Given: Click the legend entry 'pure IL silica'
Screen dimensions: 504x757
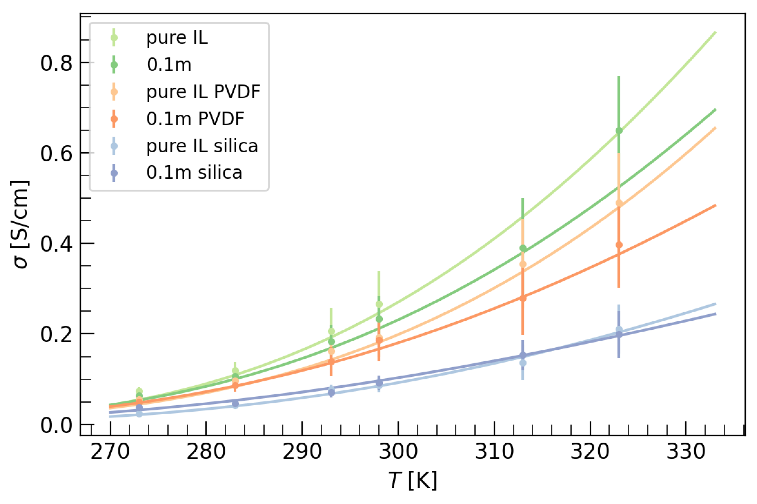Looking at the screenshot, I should tap(202, 146).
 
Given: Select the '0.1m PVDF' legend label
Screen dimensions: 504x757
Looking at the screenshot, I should tap(195, 119).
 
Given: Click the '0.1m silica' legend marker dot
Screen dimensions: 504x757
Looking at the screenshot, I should tap(114, 173).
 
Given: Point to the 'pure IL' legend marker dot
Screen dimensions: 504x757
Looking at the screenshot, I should tap(114, 37).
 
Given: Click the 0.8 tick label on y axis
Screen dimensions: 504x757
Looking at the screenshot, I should tap(57, 63).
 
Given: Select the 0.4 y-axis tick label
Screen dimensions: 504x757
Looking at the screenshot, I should tap(57, 244).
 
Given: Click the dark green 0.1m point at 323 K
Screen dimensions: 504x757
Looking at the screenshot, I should tap(619, 131).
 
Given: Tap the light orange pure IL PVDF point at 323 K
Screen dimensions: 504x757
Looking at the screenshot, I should tap(619, 203).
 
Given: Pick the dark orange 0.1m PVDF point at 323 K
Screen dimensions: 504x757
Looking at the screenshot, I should tap(619, 245).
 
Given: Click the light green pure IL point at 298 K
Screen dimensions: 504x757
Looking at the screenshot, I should tap(379, 304).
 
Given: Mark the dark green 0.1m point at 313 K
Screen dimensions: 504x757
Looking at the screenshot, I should tap(523, 248).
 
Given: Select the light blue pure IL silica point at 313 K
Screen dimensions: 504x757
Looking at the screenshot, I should tap(523, 363).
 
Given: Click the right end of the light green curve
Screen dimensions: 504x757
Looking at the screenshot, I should tap(715, 32).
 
